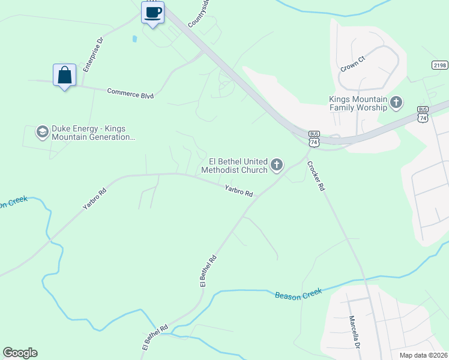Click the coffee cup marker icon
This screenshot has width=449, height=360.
coord(152,12)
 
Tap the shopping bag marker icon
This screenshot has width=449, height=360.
coord(64,75)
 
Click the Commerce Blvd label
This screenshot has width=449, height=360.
coord(130,93)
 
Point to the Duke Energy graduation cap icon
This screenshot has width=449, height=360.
coord(42,132)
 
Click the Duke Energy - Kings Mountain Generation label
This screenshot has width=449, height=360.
coord(92,133)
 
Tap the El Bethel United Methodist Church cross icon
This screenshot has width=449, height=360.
coord(277,164)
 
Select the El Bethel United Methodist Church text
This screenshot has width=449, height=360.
coord(237,165)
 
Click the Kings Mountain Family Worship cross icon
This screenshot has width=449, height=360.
coord(396,103)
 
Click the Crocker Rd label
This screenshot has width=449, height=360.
coord(316,176)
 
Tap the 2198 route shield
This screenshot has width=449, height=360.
coord(439,65)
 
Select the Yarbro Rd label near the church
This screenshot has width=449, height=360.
coord(239,191)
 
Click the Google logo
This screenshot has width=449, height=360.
coord(20,353)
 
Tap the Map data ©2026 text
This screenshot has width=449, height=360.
coord(423,355)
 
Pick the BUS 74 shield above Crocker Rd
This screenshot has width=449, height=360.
coord(313,138)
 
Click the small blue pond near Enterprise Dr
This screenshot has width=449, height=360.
coord(134,39)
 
